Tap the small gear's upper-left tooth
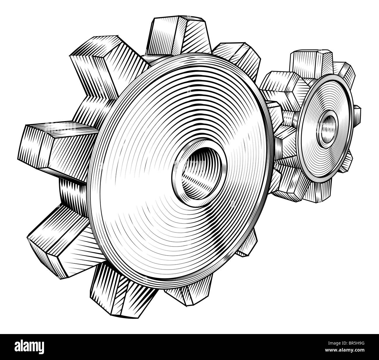[x=280, y=85]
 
